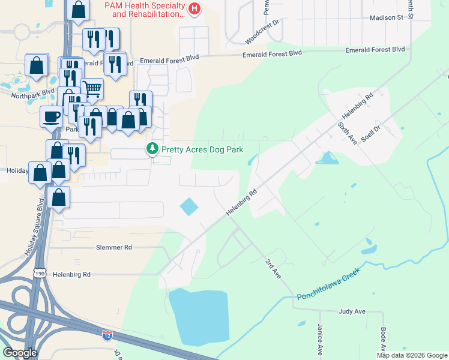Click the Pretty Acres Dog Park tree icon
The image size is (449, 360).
tap(153, 148)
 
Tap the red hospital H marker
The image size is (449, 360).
tap(194, 8)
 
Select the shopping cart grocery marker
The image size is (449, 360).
tap(92, 89)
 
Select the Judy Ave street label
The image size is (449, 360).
tap(352, 311)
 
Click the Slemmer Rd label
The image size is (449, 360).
tap(113, 247)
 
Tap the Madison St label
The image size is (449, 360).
tap(386, 18)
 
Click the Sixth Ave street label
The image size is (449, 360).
tap(347, 131)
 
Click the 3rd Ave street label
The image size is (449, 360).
tap(273, 269)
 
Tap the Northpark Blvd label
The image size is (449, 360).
tap(28, 95)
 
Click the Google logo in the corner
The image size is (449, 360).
tap(20, 353)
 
